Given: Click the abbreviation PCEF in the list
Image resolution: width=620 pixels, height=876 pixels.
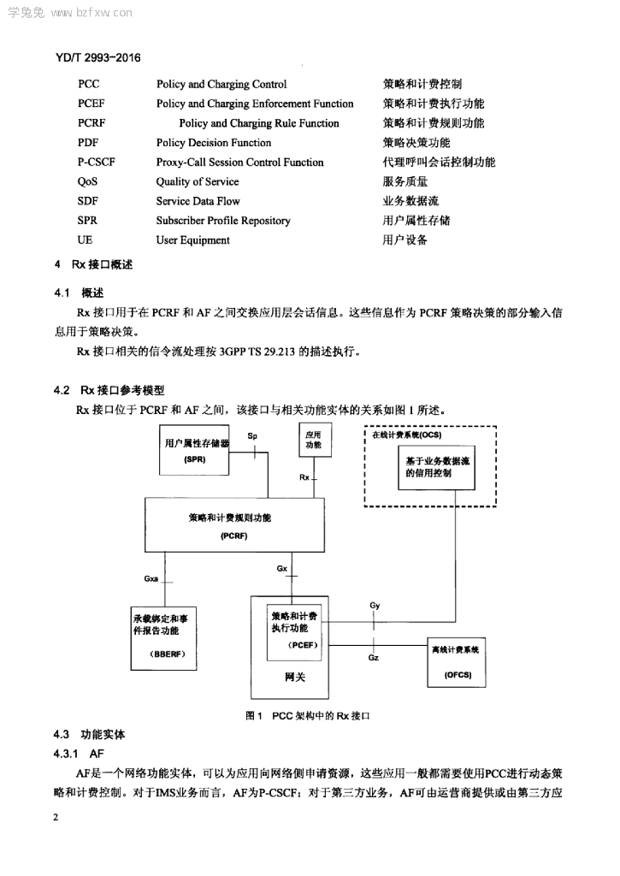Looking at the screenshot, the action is click(91, 104).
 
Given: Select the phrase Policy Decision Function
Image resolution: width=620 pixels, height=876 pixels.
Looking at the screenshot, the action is click(214, 143).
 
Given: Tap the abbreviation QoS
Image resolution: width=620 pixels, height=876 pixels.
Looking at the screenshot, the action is click(87, 181).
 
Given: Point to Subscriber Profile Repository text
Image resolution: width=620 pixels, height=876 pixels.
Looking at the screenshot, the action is click(223, 221).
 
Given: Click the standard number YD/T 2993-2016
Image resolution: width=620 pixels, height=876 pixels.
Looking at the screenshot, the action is click(98, 57).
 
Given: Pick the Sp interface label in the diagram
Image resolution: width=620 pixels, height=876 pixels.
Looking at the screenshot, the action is click(252, 435).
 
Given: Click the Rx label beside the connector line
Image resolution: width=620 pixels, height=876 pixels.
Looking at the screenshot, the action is click(304, 477).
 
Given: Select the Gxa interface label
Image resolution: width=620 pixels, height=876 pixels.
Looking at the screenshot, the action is click(151, 579).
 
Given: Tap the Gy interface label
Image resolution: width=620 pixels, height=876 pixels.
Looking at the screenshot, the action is click(375, 605).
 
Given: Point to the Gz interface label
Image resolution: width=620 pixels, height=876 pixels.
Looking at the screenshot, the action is click(374, 658).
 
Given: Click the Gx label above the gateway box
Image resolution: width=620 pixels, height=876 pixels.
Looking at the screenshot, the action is click(282, 568).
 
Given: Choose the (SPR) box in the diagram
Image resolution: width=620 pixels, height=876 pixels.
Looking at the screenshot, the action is click(194, 450).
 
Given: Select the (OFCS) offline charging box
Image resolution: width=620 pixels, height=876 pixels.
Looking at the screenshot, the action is click(457, 662).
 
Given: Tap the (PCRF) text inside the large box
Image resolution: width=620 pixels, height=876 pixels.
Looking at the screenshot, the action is click(234, 536).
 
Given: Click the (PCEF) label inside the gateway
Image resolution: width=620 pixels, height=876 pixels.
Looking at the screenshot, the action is click(303, 645).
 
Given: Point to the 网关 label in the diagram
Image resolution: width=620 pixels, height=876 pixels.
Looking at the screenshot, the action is click(295, 678).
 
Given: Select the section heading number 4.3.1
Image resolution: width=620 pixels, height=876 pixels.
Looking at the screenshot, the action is click(65, 754).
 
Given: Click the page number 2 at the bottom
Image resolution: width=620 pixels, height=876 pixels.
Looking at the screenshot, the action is click(56, 817).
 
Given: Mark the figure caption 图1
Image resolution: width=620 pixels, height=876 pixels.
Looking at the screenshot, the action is click(254, 716).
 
